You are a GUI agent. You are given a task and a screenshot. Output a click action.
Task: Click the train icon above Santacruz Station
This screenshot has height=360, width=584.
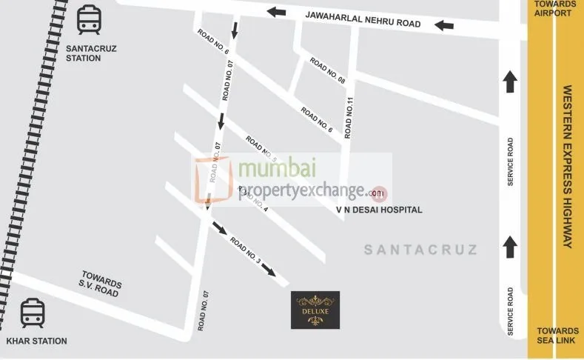[x=89, y=21]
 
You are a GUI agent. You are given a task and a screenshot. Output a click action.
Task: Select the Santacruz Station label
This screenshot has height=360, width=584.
[x=90, y=53]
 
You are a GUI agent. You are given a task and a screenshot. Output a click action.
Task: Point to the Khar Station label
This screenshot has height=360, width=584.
[x=36, y=341]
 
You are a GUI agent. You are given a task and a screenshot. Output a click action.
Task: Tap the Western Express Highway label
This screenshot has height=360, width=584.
[x=568, y=167]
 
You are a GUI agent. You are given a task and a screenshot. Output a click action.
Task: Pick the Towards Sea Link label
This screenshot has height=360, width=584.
[x=557, y=336]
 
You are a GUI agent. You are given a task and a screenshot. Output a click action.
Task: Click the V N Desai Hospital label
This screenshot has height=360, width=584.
[x=379, y=210]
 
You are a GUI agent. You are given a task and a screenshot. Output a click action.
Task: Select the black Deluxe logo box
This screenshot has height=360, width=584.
[x=315, y=310]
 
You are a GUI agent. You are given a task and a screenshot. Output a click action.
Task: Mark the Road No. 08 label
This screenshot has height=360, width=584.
[x=327, y=71]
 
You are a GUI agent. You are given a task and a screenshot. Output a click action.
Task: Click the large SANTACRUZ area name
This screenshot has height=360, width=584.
[x=420, y=250]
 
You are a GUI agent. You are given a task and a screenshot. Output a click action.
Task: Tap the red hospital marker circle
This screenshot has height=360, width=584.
[x=378, y=193]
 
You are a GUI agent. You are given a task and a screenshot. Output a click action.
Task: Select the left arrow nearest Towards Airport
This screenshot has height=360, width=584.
[x=444, y=26]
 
